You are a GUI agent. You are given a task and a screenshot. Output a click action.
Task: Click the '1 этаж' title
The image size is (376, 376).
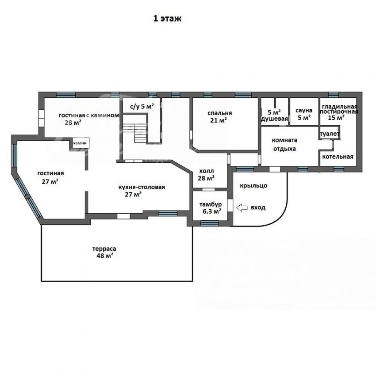click(167, 19)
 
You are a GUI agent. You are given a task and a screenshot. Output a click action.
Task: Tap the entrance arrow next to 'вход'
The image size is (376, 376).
click(242, 207)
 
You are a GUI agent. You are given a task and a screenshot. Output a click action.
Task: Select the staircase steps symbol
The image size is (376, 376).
click(140, 133)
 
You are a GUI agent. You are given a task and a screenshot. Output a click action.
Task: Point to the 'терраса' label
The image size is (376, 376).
click(104, 249)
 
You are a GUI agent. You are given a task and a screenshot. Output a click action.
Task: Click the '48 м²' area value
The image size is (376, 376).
click(105, 256)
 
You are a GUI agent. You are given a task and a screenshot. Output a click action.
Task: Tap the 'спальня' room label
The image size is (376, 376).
click(220, 113)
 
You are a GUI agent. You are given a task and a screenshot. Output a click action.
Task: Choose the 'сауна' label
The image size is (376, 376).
click(304, 111)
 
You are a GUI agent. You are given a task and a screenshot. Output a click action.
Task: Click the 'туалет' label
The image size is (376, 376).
click(330, 134)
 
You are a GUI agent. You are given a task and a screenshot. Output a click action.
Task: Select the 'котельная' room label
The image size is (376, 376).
click(338, 157)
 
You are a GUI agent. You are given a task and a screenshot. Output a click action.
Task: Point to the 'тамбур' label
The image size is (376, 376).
click(211, 204)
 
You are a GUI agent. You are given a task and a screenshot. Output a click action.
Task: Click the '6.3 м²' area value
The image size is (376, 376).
click(210, 211)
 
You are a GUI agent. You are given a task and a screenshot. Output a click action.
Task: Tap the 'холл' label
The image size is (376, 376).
click(207, 171)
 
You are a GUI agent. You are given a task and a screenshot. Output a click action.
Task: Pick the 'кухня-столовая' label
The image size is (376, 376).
click(142, 187)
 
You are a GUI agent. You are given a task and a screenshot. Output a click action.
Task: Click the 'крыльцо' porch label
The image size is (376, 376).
click(253, 186)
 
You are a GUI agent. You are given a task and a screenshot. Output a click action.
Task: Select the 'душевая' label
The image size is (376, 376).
click(274, 119)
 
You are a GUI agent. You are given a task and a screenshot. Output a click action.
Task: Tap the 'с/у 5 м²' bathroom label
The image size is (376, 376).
click(142, 107)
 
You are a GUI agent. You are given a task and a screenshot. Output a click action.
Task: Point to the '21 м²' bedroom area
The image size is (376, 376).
click(219, 120)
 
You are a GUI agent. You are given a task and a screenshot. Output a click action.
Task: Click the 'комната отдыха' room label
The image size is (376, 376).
click(284, 144)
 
